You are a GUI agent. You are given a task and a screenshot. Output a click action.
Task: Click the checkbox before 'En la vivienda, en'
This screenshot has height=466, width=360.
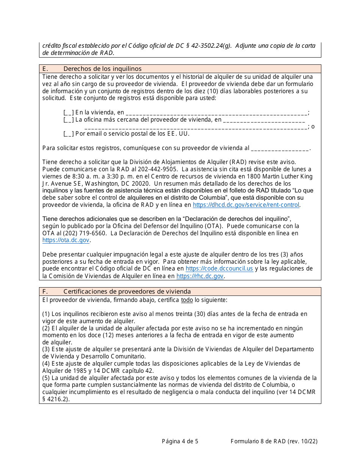(69, 112)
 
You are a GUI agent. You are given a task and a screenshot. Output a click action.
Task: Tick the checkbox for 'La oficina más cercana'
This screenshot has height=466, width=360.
(69, 120)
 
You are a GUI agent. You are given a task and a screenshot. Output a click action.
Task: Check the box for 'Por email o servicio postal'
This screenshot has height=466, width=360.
(69, 134)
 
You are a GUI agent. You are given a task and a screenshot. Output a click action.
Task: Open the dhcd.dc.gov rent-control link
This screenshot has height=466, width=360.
(246, 205)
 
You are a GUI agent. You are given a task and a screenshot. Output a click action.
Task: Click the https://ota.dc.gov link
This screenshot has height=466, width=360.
(66, 240)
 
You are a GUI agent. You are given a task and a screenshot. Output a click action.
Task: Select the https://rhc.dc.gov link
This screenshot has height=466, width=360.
(200, 276)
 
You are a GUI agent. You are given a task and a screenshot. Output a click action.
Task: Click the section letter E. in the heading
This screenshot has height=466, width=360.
(45, 69)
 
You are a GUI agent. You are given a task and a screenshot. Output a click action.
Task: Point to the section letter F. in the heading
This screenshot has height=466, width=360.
(45, 291)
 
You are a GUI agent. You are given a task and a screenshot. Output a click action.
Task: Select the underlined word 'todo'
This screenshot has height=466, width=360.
(187, 300)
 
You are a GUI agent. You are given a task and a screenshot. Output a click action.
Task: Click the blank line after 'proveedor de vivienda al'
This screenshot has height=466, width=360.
(280, 149)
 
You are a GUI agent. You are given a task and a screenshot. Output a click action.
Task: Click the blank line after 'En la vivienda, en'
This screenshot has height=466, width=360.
(216, 113)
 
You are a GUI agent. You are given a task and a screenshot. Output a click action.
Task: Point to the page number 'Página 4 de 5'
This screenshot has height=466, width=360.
(180, 441)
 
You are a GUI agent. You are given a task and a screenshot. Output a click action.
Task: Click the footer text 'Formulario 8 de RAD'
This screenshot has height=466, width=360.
(258, 441)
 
